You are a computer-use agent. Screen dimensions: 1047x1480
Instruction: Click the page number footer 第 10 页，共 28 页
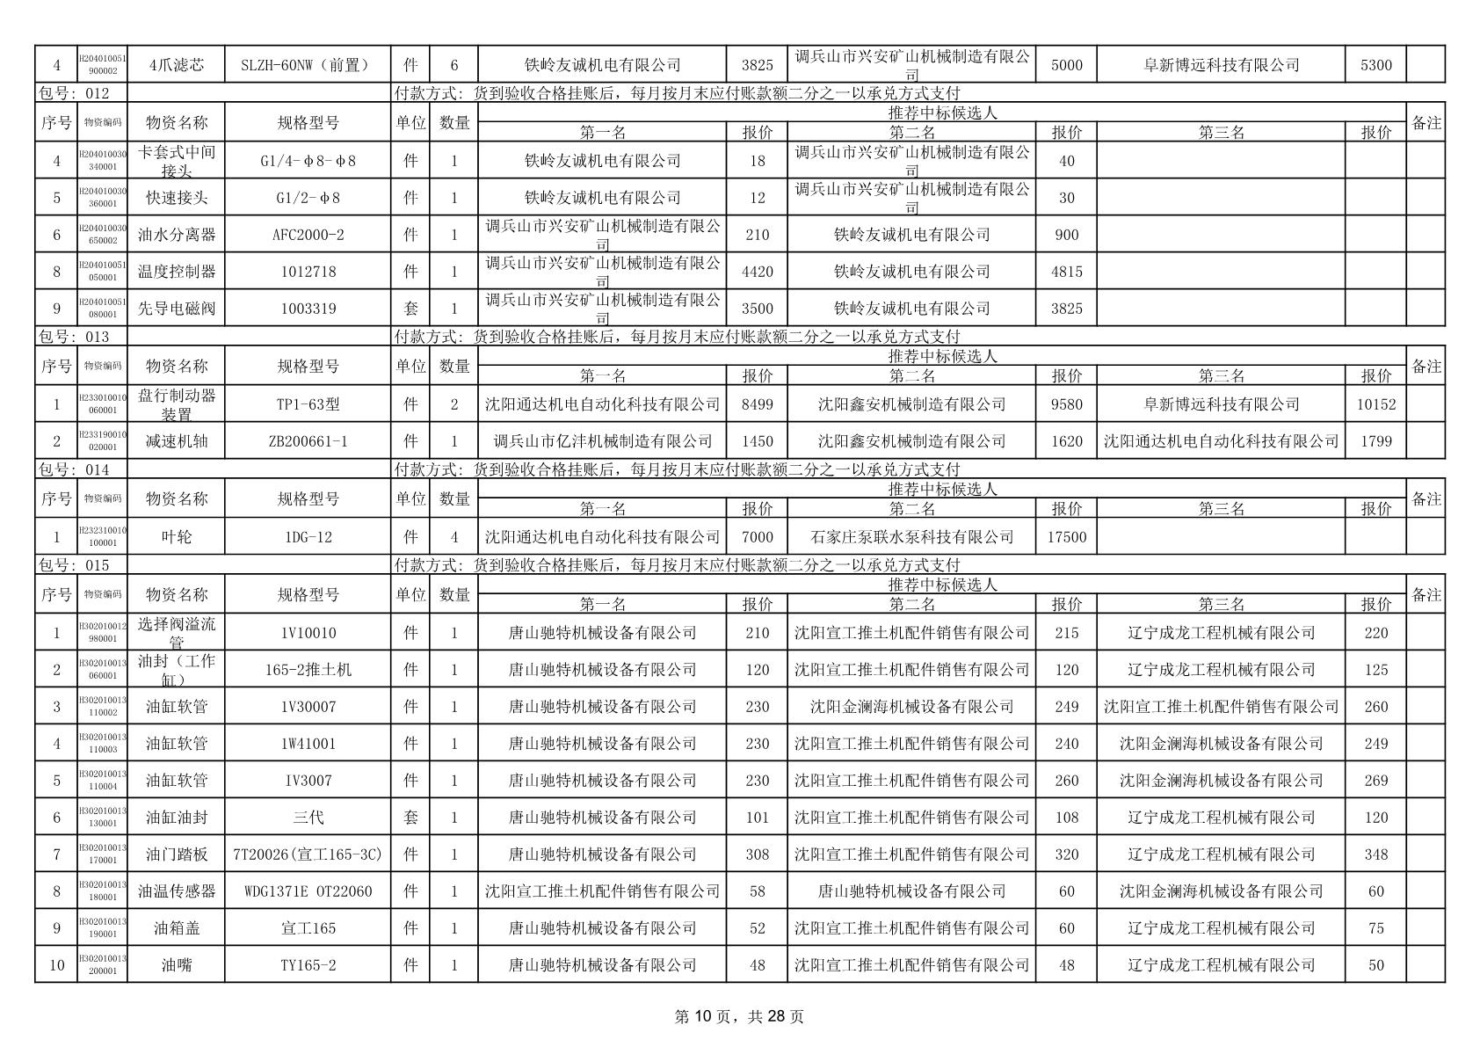point(738,1017)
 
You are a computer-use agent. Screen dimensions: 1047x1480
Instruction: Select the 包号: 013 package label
point(74,337)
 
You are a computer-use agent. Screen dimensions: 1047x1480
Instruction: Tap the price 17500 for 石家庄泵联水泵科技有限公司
point(1066,537)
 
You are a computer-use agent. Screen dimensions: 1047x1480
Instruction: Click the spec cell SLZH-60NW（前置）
point(308,65)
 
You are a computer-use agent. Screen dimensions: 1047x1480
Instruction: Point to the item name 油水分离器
point(176,235)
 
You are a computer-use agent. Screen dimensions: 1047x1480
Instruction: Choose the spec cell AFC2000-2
point(308,235)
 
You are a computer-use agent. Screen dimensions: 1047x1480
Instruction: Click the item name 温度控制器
point(176,272)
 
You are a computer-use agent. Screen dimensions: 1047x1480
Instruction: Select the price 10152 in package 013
point(1375,404)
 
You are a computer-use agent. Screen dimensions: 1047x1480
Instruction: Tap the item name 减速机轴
point(176,441)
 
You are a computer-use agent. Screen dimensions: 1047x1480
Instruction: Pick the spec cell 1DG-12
point(308,537)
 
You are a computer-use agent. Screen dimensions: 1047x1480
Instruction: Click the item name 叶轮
point(176,537)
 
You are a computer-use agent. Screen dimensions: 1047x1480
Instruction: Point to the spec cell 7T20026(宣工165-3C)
point(308,854)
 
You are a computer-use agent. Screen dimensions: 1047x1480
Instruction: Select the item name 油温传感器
point(176,891)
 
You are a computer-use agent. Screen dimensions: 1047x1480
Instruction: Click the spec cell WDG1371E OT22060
point(308,891)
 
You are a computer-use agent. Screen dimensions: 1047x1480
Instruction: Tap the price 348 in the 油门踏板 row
point(1375,854)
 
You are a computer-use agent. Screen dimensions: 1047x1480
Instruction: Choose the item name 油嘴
point(176,965)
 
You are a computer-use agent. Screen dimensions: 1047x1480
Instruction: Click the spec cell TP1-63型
point(308,404)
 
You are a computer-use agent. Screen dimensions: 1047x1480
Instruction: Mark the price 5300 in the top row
point(1375,65)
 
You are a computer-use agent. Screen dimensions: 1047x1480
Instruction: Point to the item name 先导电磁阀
point(176,309)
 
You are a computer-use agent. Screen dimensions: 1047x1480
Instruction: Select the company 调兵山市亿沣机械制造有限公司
point(602,441)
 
